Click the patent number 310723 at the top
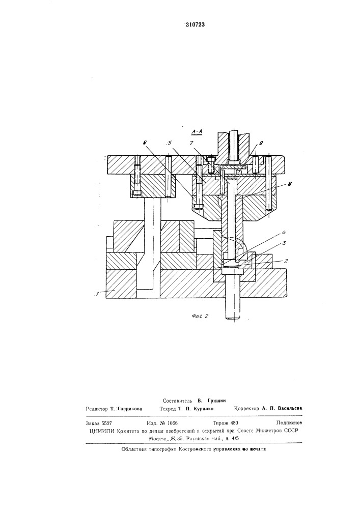195,24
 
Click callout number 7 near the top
192,143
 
